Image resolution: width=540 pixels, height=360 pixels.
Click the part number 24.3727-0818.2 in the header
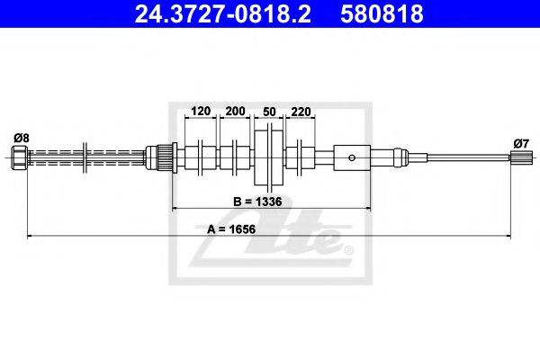click(222, 13)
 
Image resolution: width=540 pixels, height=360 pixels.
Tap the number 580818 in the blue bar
click(382, 13)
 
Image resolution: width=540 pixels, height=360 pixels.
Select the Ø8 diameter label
click(22, 138)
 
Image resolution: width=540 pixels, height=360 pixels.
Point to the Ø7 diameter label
click(521, 143)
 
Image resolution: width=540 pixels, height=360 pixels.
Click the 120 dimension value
click(201, 111)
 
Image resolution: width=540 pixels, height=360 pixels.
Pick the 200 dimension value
click(235, 111)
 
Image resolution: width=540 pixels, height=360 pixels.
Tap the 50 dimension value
click(269, 112)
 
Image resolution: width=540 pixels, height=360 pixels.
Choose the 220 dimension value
click(301, 112)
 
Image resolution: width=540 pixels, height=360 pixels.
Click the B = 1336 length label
click(257, 202)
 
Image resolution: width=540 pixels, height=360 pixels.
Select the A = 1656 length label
click(231, 229)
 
